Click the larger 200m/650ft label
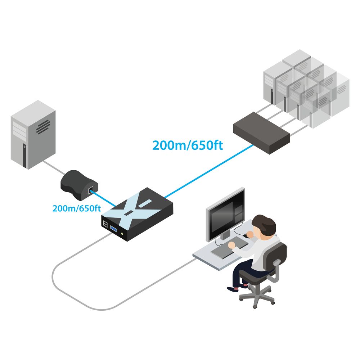[x=188, y=145]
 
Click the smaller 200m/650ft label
[x=77, y=208]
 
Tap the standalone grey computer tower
[x=33, y=135]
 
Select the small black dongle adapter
[x=79, y=185]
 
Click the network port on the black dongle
[x=91, y=190]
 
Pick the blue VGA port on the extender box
[x=114, y=229]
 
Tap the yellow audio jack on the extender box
[x=122, y=234]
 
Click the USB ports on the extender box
[x=105, y=224]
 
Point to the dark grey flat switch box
[x=261, y=133]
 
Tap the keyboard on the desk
[x=230, y=248]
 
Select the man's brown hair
[x=264, y=224]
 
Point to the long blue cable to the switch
[x=209, y=171]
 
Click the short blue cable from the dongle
[x=103, y=198]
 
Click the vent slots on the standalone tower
[x=43, y=127]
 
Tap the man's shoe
[x=233, y=289]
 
